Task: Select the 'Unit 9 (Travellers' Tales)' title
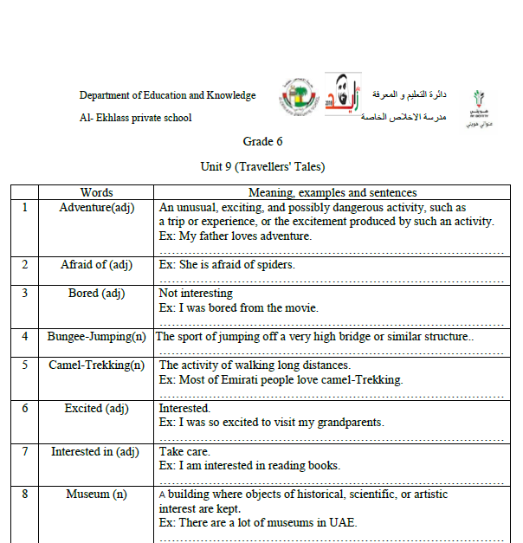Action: (262, 167)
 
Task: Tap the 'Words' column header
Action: (96, 193)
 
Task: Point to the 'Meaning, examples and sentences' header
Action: (333, 193)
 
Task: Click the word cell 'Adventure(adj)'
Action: (96, 208)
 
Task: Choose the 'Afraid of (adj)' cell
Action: (96, 265)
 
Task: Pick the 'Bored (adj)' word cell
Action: (96, 294)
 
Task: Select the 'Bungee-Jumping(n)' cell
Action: (96, 337)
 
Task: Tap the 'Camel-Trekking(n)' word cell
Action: (96, 365)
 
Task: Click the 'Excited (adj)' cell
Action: (96, 409)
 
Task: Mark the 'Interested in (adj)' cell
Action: (96, 451)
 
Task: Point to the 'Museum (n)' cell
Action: (96, 495)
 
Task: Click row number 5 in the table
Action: (25, 365)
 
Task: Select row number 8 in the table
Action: (25, 495)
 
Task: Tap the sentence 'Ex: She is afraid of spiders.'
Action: (227, 265)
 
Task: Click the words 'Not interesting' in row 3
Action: (196, 294)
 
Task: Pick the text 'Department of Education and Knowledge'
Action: (167, 95)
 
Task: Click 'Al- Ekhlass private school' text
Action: (135, 118)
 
